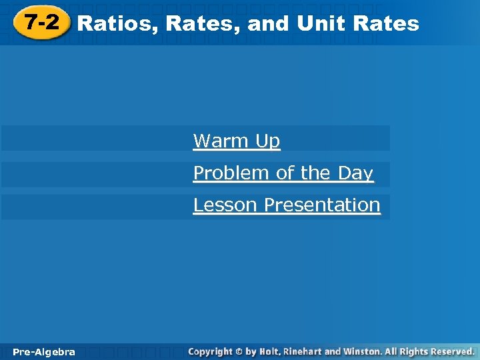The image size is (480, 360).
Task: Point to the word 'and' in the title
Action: pos(268,24)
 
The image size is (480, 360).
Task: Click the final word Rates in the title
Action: pos(387,24)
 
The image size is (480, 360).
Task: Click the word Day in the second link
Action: pos(355,173)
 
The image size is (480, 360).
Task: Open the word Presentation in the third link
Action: pos(322,205)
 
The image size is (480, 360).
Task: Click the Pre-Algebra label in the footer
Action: pos(43,352)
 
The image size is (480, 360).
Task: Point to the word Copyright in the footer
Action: pos(210,351)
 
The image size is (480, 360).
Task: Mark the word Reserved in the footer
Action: pos(452,351)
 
